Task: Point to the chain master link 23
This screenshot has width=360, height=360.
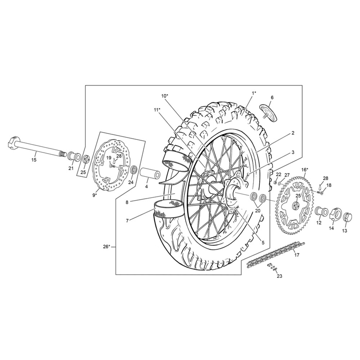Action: [x=272, y=267]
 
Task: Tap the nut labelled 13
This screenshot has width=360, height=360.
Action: [x=346, y=217]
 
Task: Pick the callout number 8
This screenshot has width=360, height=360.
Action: [x=127, y=202]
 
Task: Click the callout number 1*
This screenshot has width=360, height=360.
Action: [x=253, y=93]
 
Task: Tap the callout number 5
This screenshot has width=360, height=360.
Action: [x=263, y=242]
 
